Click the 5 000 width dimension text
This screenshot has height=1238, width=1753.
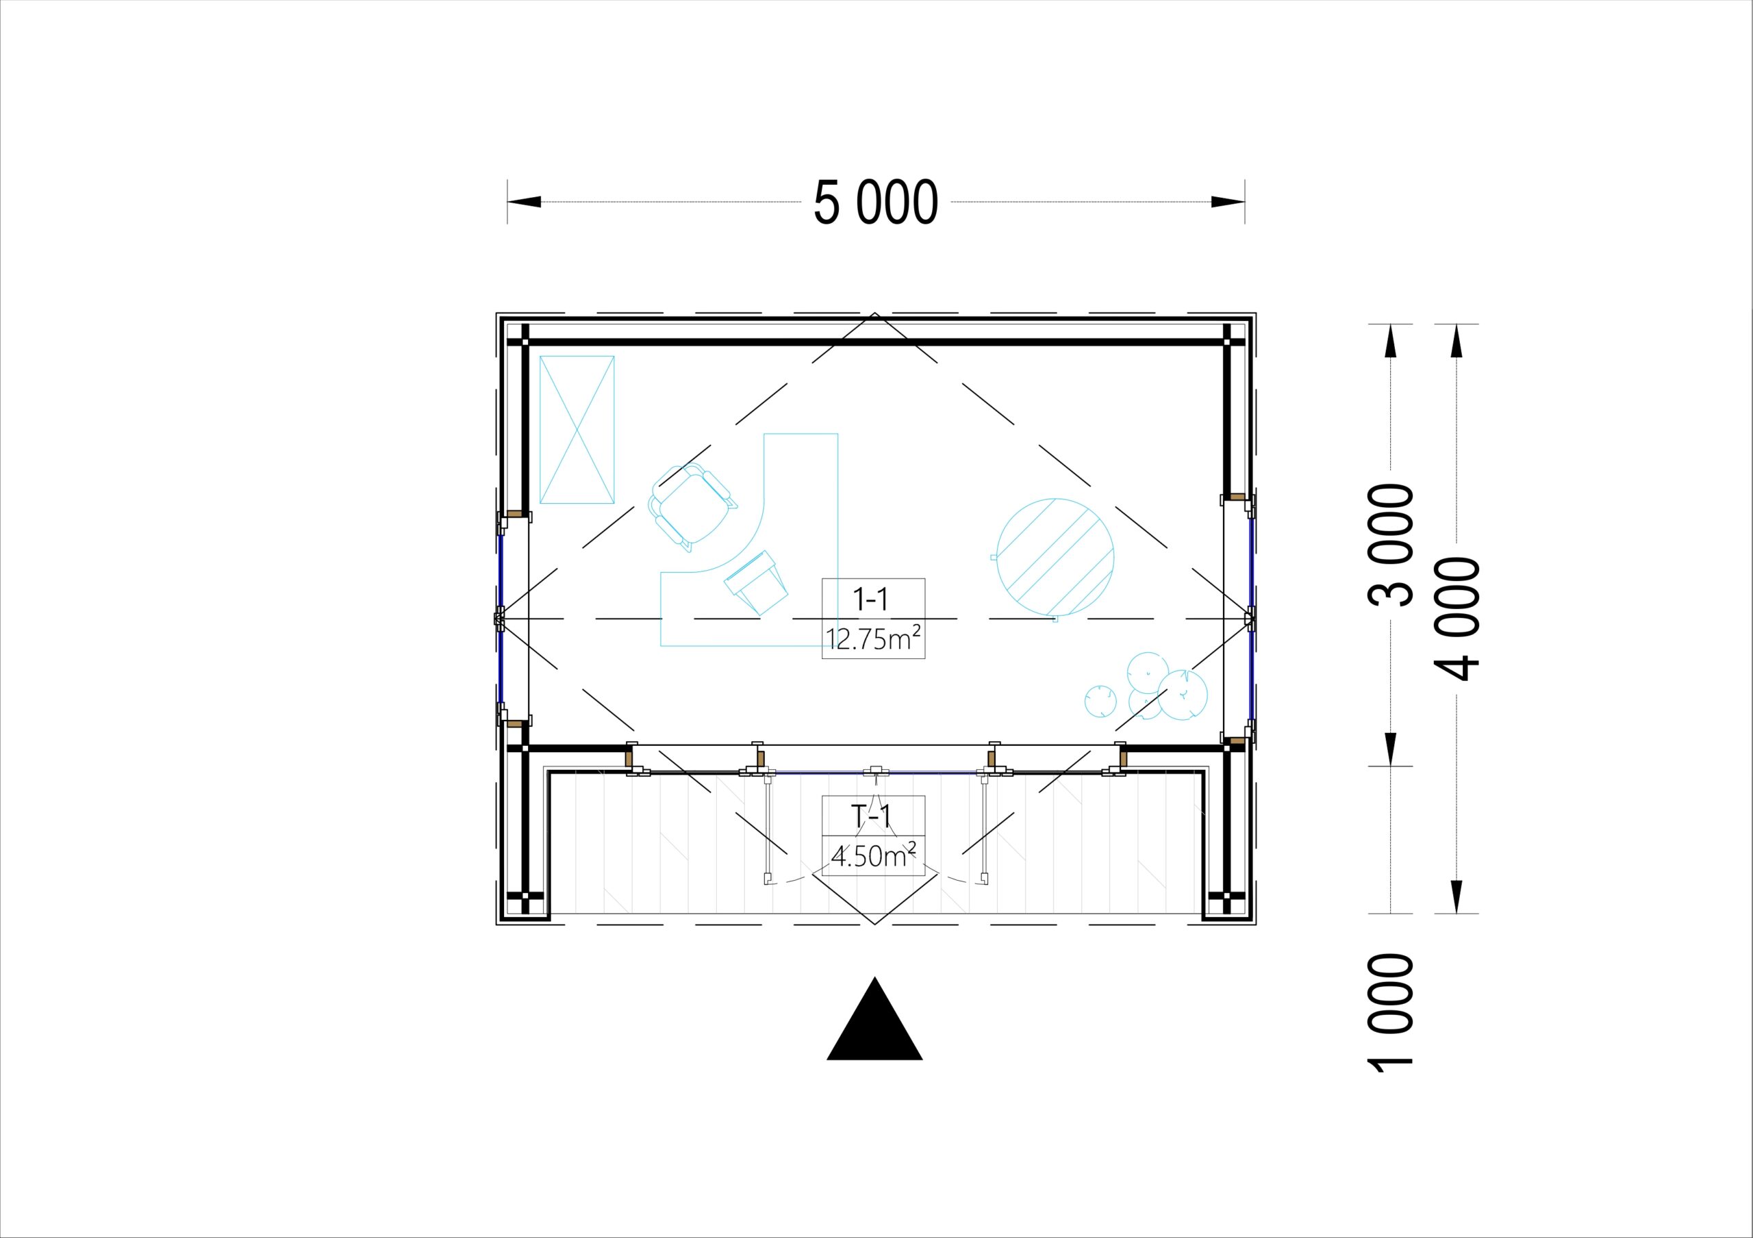coord(876,203)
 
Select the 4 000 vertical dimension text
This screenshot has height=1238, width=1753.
coord(1458,619)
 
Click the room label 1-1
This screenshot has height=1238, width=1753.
coord(872,600)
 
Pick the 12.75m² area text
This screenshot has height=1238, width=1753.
coord(874,637)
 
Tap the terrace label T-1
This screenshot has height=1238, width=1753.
coord(872,816)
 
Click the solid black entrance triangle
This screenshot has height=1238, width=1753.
coord(875,1018)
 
